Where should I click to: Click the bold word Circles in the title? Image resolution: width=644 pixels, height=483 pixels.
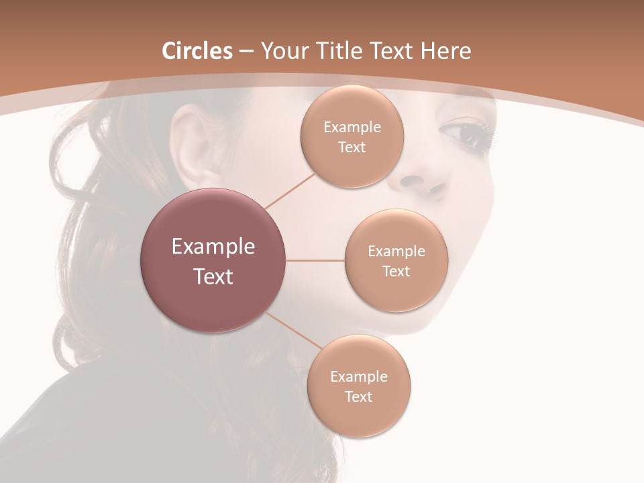pos(197,51)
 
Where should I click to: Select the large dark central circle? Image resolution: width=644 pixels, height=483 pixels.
pos(213,260)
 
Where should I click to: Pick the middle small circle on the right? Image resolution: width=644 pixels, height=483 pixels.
pos(396,260)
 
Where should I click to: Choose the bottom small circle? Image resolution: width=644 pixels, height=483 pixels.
pos(359,386)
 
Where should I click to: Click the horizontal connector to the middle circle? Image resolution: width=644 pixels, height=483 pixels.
pos(315,260)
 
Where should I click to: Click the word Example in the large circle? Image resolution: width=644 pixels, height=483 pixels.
pos(213,247)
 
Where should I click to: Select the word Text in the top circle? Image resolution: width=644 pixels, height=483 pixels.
pos(352,148)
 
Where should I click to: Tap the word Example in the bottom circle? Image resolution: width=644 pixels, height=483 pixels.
pos(359,376)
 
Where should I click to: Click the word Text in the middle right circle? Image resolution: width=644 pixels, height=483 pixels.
pos(396,272)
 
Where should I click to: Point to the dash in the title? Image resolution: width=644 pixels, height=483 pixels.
pos(246,52)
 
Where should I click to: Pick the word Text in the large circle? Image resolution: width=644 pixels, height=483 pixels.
pos(213,276)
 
